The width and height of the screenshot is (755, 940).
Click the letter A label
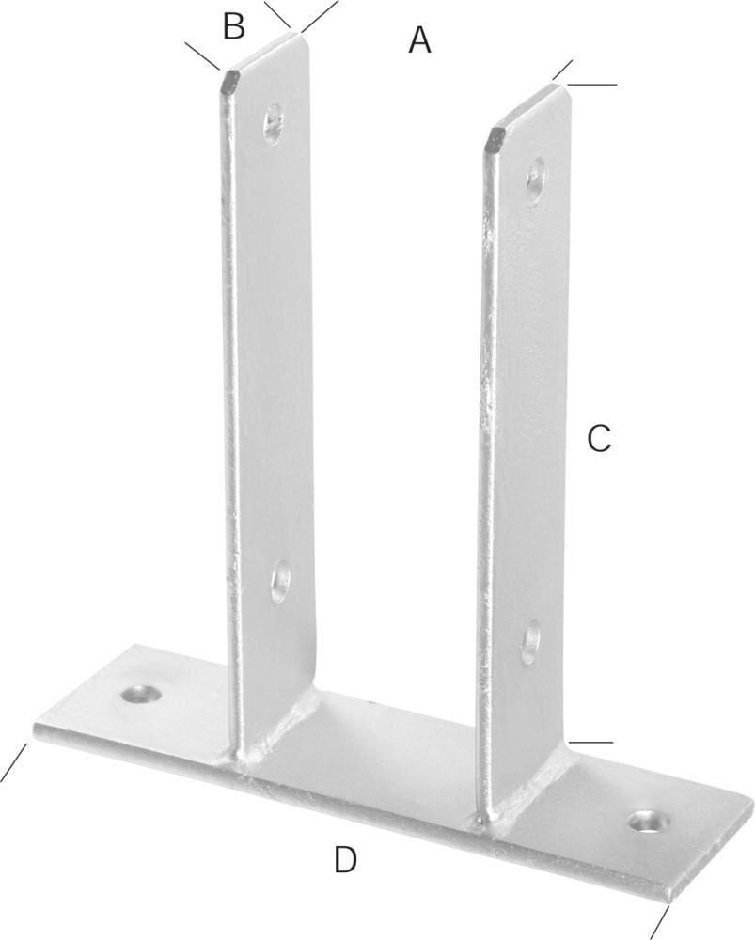coord(419,40)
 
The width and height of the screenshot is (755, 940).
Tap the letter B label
coord(234,27)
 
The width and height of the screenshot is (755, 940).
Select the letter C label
coord(599,438)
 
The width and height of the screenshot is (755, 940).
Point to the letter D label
coord(345,858)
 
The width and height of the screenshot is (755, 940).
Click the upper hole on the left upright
coord(273,123)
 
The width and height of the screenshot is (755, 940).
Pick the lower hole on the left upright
coord(280,582)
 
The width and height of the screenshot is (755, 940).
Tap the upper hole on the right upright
coord(536,180)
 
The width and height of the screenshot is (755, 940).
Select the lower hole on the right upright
coord(531,642)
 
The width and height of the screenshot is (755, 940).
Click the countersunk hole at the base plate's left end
coord(142,695)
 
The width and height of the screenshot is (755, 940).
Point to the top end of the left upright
coord(265,52)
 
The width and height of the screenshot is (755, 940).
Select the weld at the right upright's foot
coord(527,799)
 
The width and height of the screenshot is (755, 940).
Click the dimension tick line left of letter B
coord(202,55)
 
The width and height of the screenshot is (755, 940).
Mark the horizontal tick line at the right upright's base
coord(591,743)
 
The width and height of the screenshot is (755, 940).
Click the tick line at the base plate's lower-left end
coord(14,762)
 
